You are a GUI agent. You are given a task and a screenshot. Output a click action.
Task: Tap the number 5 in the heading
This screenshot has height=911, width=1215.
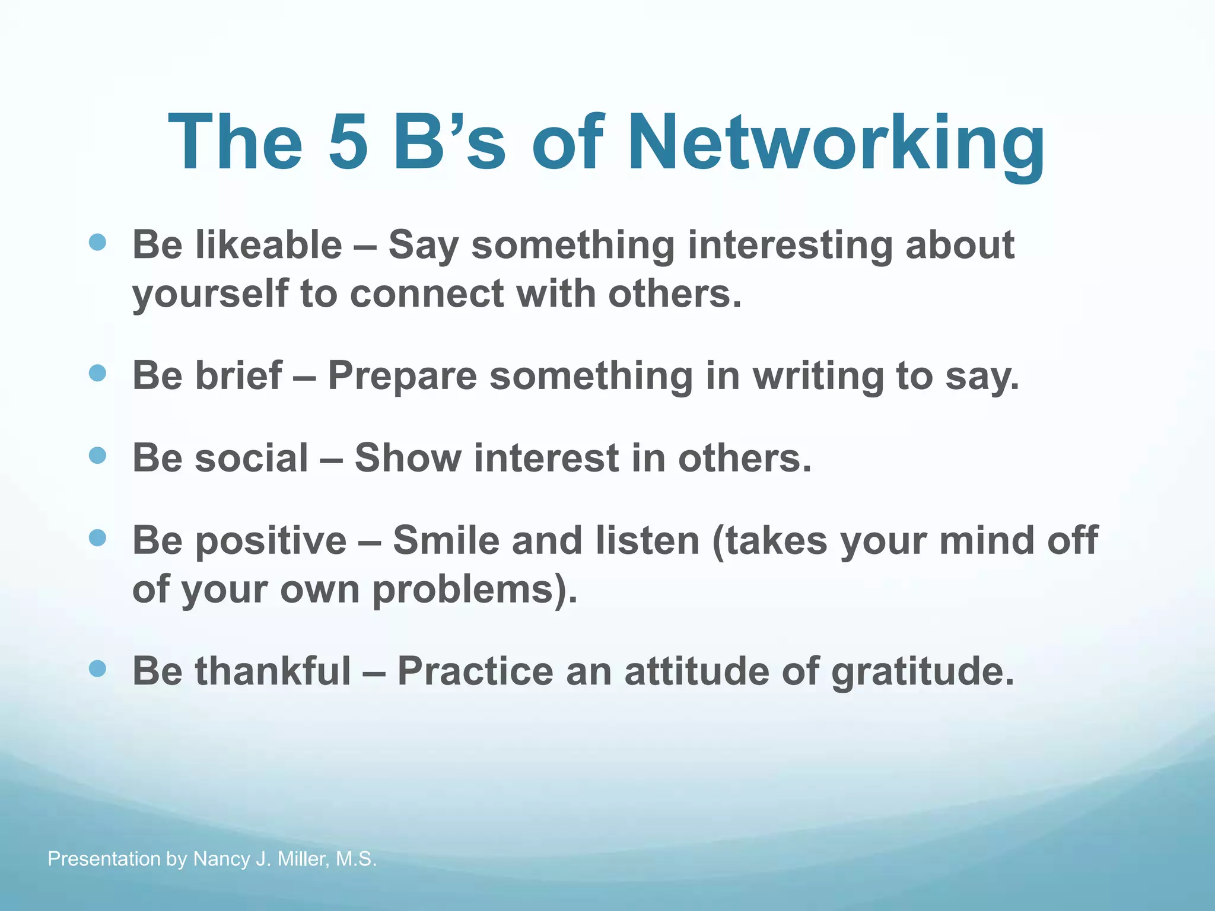(347, 142)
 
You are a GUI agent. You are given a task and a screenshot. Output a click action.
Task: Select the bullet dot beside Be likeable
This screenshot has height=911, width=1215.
(97, 242)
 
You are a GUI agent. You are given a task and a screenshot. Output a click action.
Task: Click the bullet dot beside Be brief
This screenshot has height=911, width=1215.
(97, 373)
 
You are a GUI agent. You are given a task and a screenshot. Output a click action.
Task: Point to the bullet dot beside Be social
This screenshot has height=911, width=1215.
(97, 455)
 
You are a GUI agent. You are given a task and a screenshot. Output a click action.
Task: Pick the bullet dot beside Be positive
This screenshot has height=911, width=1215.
(97, 538)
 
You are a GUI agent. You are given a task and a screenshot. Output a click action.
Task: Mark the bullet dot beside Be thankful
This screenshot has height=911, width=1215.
(97, 669)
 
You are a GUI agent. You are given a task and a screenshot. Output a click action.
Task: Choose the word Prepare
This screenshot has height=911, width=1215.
(402, 376)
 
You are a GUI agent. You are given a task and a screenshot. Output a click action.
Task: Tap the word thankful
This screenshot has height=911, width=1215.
(273, 671)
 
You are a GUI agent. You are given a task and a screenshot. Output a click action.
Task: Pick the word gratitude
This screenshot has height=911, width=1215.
(923, 671)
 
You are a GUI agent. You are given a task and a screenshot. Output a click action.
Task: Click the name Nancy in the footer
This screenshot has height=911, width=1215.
(221, 859)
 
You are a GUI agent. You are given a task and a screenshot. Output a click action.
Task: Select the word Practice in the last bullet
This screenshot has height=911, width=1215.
(474, 671)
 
